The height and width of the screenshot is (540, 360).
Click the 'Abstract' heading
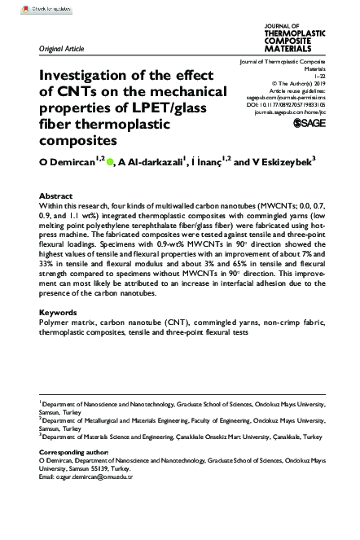[x=56, y=197]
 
